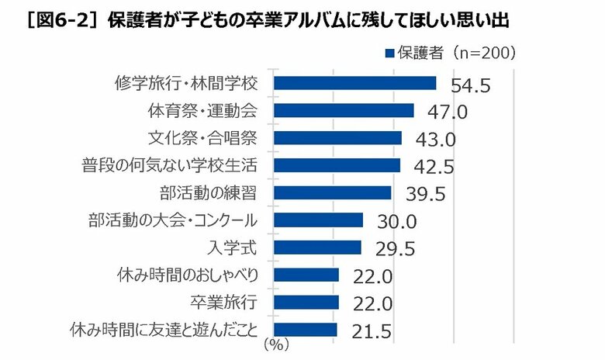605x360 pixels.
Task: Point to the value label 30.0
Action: pos(396,222)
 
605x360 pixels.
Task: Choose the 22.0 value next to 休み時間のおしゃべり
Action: pos(373,277)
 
